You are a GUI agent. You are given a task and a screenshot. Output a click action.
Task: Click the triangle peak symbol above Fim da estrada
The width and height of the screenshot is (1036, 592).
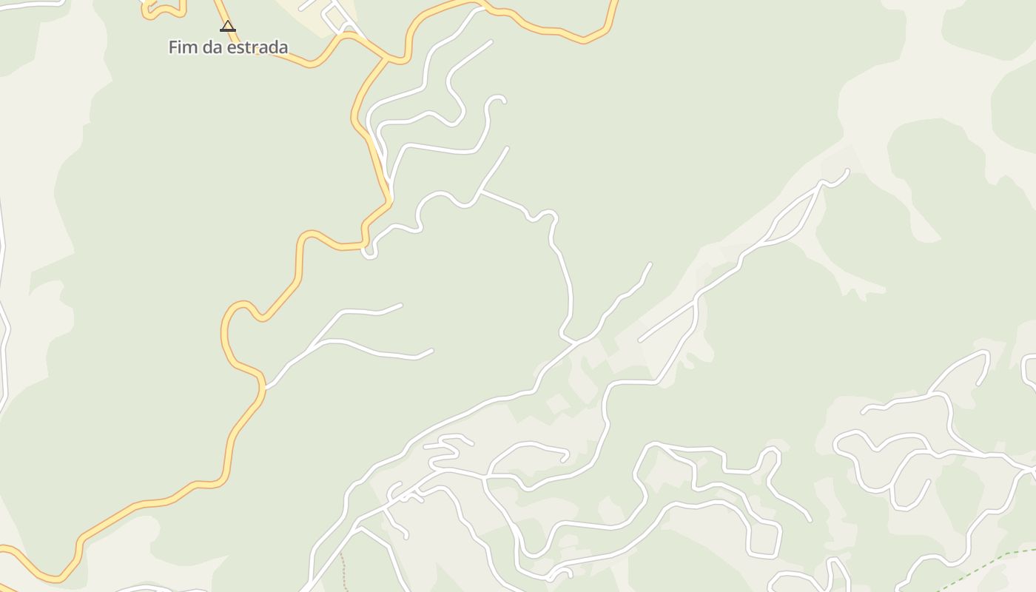(x=228, y=27)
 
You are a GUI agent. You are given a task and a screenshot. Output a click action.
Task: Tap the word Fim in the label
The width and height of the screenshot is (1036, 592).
(x=182, y=47)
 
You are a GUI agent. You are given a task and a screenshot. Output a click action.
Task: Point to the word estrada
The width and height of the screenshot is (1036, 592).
(x=258, y=47)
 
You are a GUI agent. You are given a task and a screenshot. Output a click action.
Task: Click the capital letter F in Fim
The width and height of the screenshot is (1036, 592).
(x=172, y=47)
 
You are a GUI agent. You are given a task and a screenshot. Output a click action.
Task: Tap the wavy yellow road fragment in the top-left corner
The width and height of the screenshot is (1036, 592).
(x=164, y=10)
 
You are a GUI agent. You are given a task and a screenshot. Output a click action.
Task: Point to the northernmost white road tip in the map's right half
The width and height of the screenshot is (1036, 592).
(x=847, y=172)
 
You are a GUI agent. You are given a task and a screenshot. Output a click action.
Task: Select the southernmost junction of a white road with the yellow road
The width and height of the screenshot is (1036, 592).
(x=264, y=386)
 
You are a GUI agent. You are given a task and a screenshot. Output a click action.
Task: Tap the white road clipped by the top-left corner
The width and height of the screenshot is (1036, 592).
(x=30, y=3)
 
